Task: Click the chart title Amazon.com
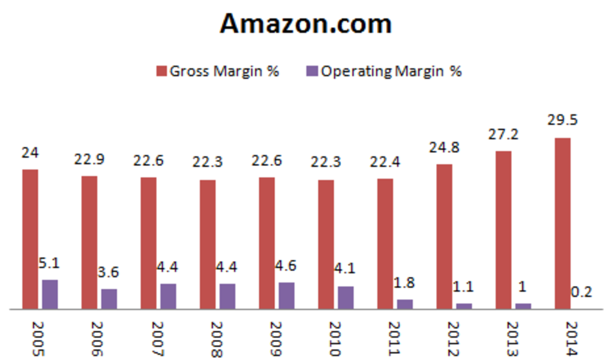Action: tap(306, 24)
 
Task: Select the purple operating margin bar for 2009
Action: tap(287, 296)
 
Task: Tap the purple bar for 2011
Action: tap(405, 304)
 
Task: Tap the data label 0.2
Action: tap(582, 291)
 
